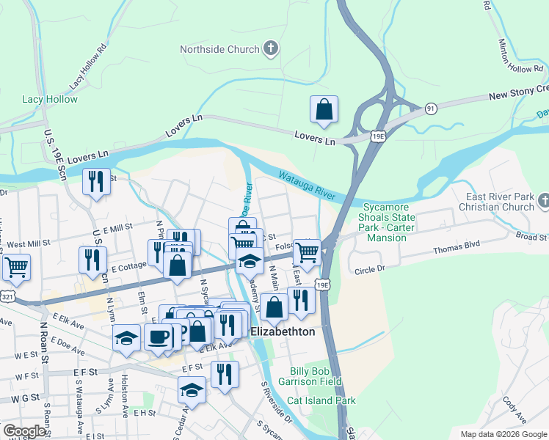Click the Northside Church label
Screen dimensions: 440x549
click(x=220, y=50)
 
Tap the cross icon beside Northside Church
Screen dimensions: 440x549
click(x=271, y=50)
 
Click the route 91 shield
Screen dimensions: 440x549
click(x=431, y=109)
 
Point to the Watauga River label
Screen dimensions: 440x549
click(x=307, y=183)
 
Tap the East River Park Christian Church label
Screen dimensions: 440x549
click(x=502, y=202)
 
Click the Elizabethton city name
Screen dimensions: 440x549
click(x=283, y=332)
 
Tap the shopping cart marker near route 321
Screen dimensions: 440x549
click(x=15, y=268)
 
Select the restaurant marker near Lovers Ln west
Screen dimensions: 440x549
click(x=96, y=181)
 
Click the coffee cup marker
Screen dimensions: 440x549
click(x=159, y=337)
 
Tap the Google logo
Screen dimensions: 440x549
click(x=25, y=431)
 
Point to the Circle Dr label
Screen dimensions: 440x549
click(x=370, y=270)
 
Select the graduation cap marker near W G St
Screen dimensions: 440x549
click(x=192, y=389)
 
